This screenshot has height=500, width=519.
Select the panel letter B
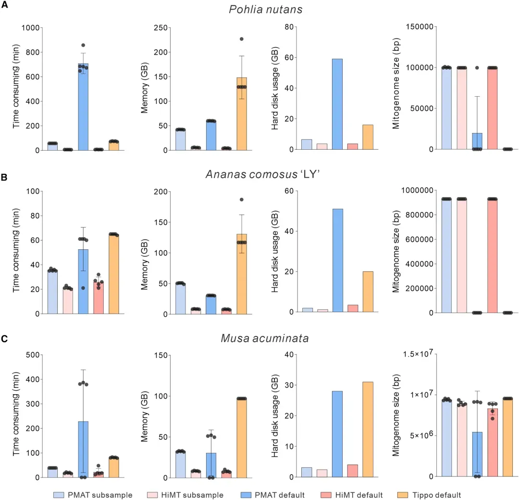[x=4, y=177]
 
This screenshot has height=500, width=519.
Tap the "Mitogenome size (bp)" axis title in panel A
[x=396, y=89]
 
